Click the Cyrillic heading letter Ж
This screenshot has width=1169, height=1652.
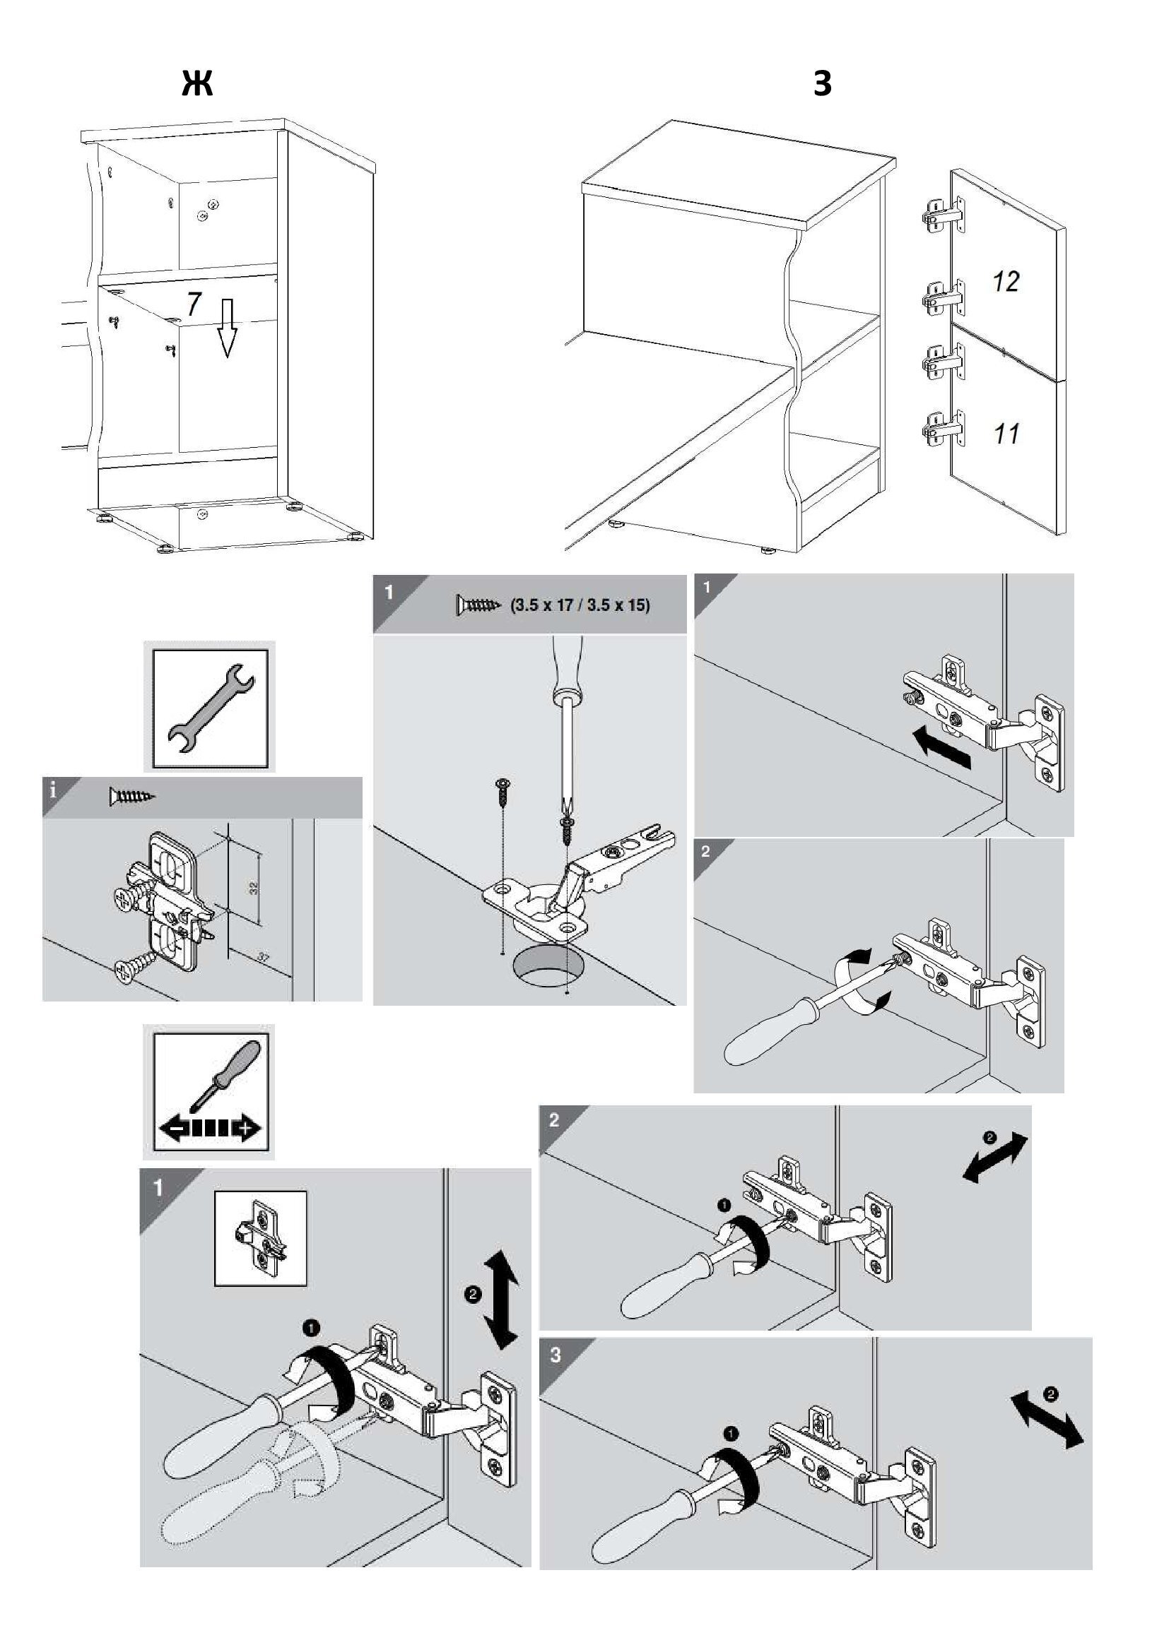(197, 84)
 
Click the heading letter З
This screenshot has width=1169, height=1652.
(822, 84)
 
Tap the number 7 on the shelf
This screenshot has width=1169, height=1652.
(193, 304)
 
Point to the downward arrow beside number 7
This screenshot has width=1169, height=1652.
(228, 330)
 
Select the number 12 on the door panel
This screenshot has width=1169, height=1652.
(1006, 281)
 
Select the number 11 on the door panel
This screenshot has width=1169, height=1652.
(1006, 434)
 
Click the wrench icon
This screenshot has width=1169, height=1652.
(209, 706)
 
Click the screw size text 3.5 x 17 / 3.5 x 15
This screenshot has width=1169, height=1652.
(580, 605)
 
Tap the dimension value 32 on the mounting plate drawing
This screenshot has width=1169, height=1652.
(254, 888)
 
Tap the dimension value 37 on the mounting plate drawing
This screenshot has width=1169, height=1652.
(263, 958)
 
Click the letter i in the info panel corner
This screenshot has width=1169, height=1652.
(52, 792)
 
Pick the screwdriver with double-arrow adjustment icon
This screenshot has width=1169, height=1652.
(209, 1092)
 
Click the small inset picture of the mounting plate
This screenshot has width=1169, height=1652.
(261, 1238)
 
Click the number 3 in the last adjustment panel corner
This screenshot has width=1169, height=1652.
(556, 1355)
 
